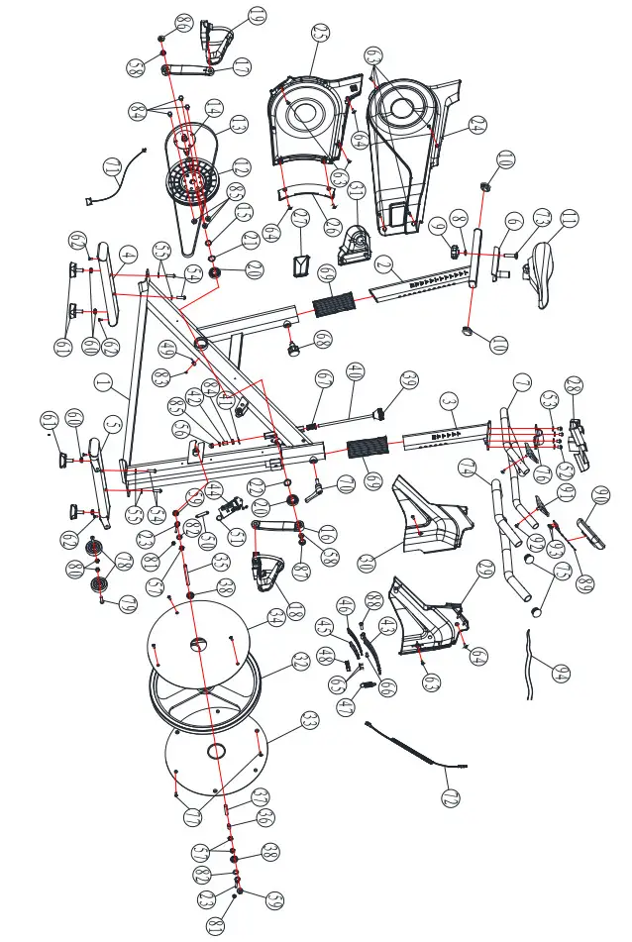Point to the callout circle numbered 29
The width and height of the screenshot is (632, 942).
[331, 226]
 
